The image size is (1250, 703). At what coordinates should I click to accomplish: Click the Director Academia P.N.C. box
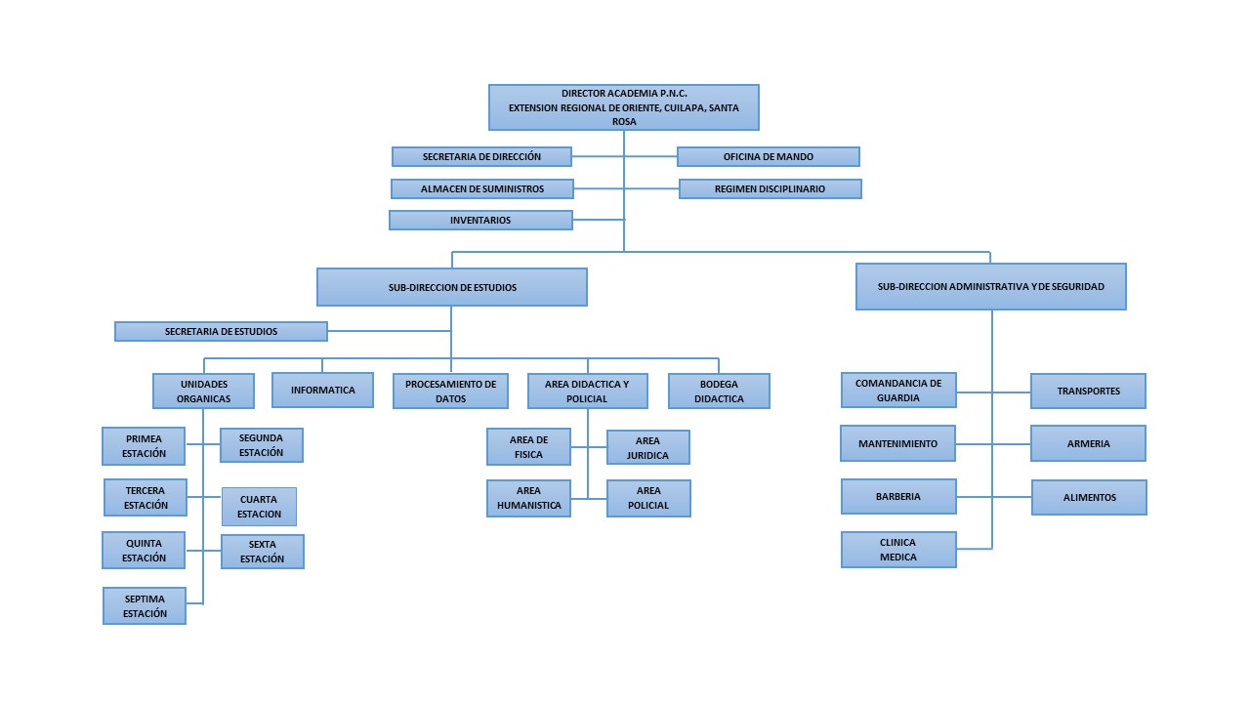point(623,107)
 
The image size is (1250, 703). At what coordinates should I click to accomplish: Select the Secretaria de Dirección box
point(481,157)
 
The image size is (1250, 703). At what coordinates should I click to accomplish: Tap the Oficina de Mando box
point(769,157)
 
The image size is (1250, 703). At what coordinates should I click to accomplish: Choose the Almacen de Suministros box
point(481,188)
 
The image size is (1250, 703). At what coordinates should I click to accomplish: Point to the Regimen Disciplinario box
point(770,188)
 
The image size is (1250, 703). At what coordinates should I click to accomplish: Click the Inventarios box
point(480,221)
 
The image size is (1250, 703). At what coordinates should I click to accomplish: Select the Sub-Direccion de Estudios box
point(452,287)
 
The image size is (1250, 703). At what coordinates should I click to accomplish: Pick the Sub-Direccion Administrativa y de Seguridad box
point(991,287)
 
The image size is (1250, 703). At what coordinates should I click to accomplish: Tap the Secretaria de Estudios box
point(221,332)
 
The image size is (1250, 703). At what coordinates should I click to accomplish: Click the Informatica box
point(322,391)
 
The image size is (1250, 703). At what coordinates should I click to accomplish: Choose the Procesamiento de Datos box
point(451,392)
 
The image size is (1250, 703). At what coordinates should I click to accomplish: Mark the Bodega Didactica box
point(719,392)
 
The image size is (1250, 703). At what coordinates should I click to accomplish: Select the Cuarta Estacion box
point(259,507)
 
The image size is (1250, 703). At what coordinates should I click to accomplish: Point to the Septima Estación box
point(145,606)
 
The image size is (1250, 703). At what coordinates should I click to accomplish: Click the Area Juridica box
point(648,448)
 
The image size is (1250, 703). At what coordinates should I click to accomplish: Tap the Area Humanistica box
point(528,498)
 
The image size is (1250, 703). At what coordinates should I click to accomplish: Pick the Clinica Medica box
point(898,550)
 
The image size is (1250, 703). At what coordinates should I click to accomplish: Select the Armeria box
point(1088,444)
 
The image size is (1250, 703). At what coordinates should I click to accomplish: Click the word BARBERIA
point(898,497)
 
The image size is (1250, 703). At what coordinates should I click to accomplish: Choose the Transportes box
point(1088,392)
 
